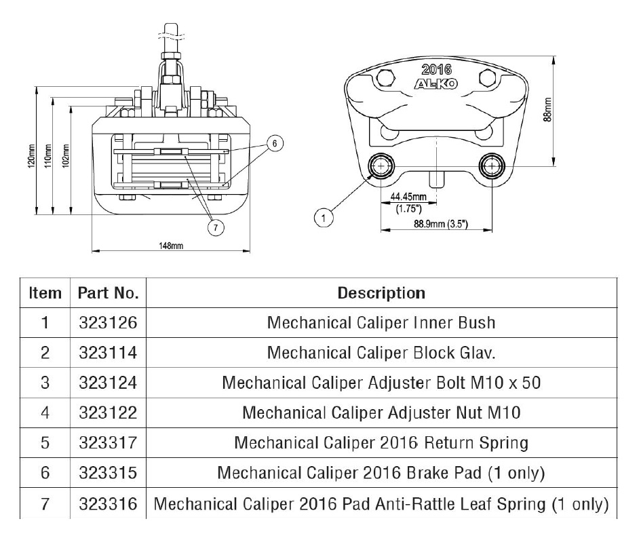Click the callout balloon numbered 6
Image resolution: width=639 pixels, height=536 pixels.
[x=274, y=143]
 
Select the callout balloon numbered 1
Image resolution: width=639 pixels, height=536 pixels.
[x=324, y=218]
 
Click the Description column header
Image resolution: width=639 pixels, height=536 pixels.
[x=381, y=293]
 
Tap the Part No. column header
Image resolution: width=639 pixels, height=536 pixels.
[x=109, y=293]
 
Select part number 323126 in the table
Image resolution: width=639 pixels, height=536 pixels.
[x=109, y=323]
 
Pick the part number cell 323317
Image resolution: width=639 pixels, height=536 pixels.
[x=109, y=443]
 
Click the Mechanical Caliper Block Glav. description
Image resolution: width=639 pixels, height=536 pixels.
[x=381, y=353]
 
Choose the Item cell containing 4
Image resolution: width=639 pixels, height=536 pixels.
[x=45, y=413]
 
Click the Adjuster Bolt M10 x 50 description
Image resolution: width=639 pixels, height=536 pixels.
[x=381, y=383]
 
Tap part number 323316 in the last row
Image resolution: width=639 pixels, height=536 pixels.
[x=109, y=503]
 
